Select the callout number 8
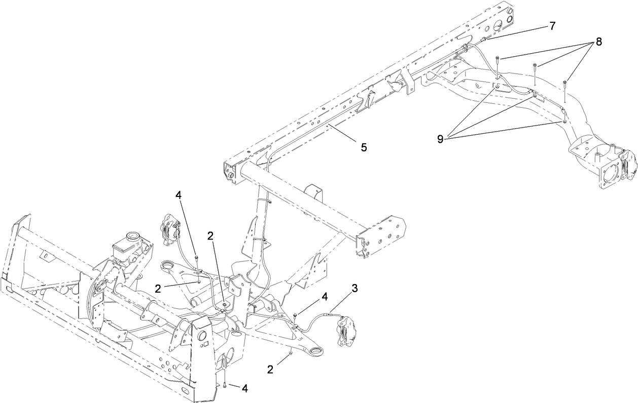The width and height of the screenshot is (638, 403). [x=599, y=42]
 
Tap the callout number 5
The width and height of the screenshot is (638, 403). [x=364, y=147]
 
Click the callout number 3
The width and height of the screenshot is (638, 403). [x=355, y=288]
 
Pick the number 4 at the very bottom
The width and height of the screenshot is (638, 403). [x=245, y=388]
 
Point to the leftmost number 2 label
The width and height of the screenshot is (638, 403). [x=158, y=288]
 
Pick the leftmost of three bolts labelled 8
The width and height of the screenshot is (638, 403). [x=498, y=59]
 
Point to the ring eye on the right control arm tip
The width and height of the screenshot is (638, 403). [x=318, y=350]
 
